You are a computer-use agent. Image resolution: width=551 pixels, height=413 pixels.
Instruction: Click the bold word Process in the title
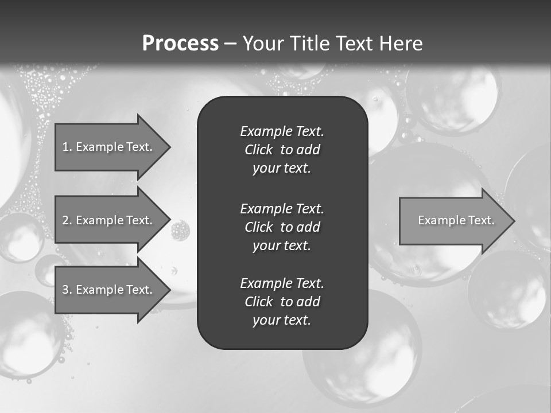click(x=180, y=44)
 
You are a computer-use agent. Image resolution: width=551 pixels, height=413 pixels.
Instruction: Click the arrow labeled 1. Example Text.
click(x=109, y=147)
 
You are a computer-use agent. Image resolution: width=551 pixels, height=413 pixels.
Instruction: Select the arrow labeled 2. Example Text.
click(x=109, y=220)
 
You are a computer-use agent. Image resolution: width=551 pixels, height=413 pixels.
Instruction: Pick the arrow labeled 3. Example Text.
click(x=109, y=290)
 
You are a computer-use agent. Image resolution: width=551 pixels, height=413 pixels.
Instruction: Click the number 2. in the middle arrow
click(x=67, y=220)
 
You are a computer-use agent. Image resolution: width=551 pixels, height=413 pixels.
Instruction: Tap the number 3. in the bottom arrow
click(x=67, y=290)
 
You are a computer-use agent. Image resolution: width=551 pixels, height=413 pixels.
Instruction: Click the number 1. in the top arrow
click(x=67, y=147)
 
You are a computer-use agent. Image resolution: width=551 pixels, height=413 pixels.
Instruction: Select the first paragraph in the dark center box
click(x=282, y=150)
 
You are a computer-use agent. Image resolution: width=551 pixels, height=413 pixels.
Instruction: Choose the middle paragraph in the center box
click(x=282, y=227)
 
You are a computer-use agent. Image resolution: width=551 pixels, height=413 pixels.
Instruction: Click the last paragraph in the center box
click(x=282, y=302)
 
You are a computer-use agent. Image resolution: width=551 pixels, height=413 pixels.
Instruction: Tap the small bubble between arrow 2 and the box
click(x=180, y=230)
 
